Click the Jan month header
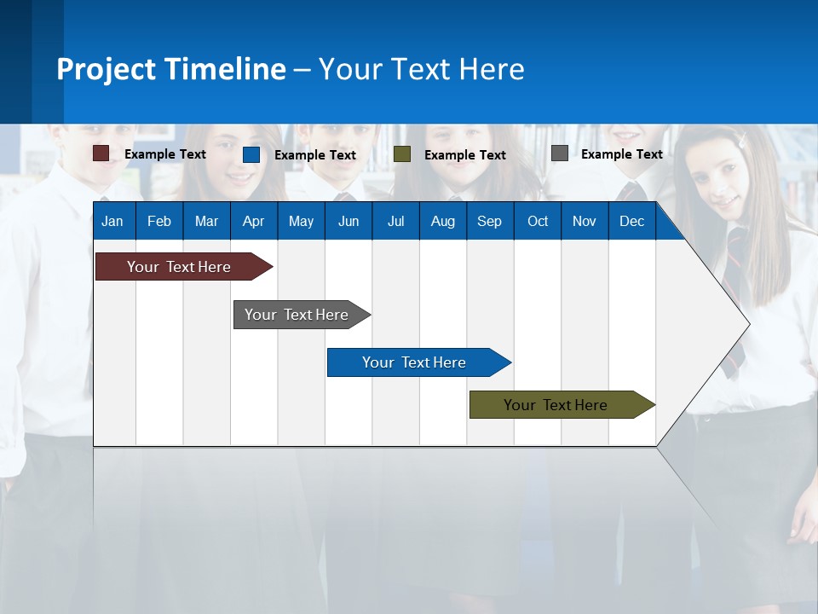point(112,221)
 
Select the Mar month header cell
point(206,221)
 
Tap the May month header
point(301,221)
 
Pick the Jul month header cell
point(395,221)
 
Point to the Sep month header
point(489,221)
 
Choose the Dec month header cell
point(631,221)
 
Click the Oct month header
point(538,221)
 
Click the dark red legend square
point(101,153)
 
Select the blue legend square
point(251,154)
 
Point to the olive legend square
point(402,154)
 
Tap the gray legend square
point(560,153)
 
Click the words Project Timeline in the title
point(171,69)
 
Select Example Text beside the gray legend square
point(621,154)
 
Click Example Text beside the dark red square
point(164,154)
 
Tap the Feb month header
point(159,221)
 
